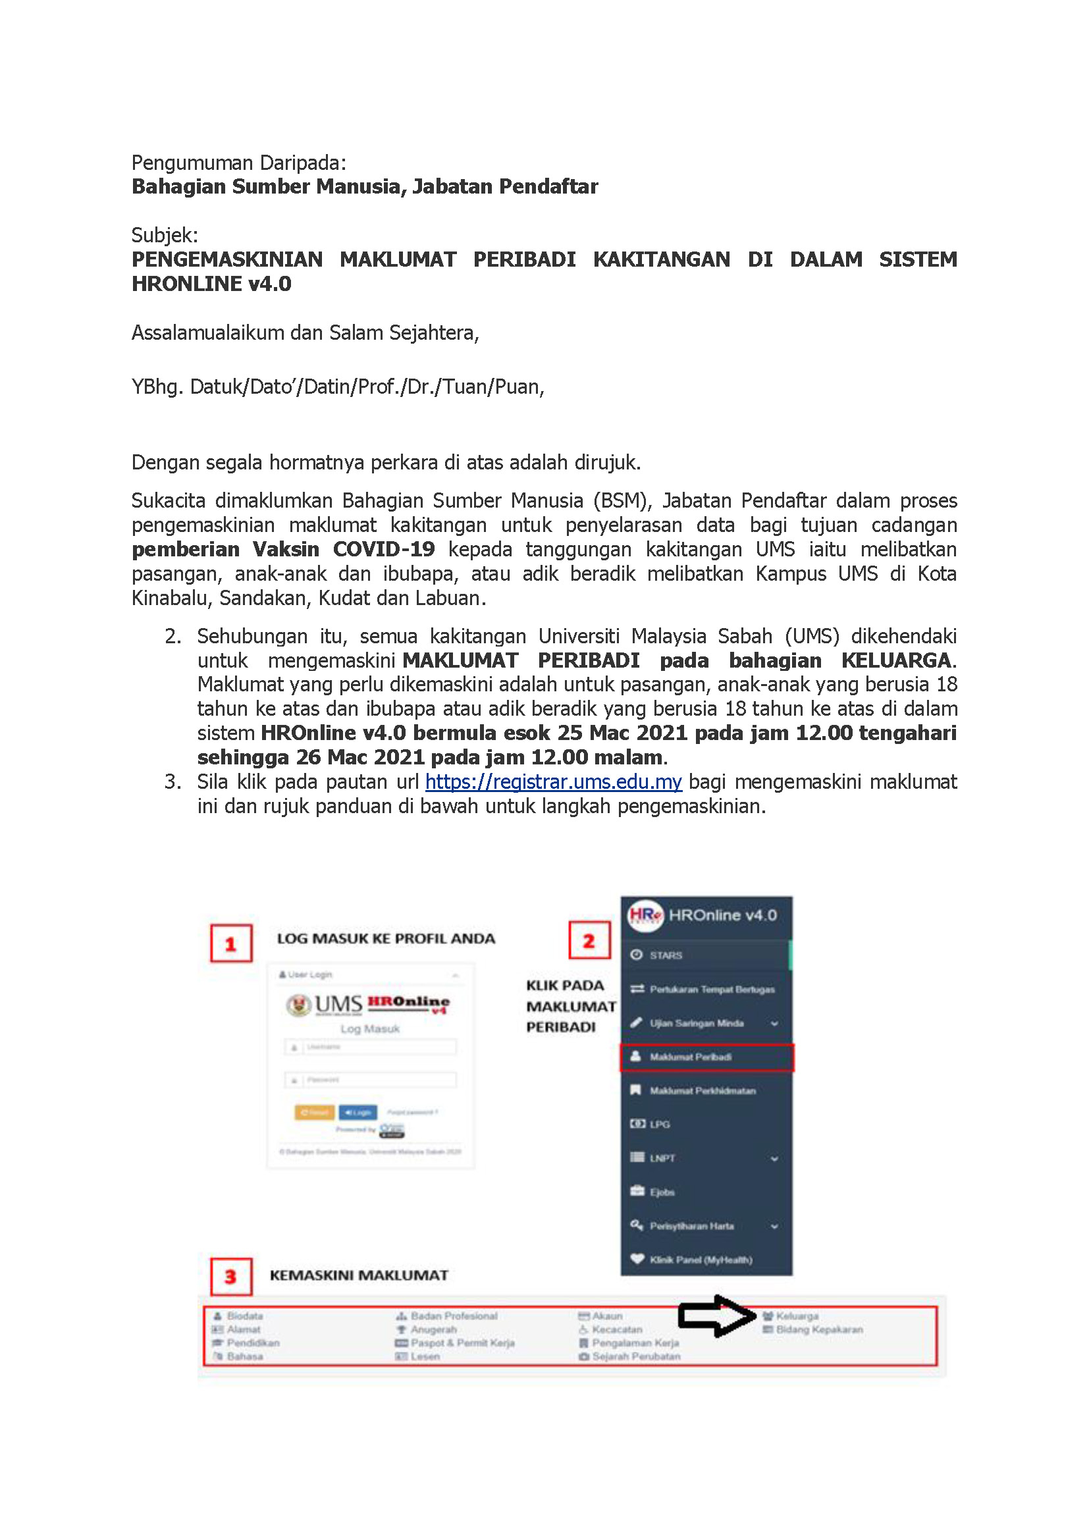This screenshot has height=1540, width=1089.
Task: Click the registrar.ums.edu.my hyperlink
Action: (x=553, y=782)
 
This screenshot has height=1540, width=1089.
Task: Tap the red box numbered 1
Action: (x=230, y=943)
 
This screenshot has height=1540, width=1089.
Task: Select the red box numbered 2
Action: (x=589, y=940)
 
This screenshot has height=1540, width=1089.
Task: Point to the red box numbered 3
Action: (x=230, y=1277)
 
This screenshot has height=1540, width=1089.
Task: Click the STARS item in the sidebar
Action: (x=665, y=955)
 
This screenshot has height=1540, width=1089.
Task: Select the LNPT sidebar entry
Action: (x=662, y=1158)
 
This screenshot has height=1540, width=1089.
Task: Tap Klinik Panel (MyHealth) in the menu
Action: (x=700, y=1260)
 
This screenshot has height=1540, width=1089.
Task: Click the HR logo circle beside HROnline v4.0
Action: (x=645, y=915)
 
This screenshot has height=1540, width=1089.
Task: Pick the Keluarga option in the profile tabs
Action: (x=797, y=1316)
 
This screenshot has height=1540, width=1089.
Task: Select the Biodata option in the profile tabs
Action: (x=245, y=1316)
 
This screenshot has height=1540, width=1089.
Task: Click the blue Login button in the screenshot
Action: (x=358, y=1112)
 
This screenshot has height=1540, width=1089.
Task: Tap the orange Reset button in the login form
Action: (x=314, y=1112)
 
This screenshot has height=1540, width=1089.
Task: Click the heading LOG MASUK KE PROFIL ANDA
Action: (x=386, y=939)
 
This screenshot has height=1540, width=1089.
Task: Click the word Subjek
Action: (x=165, y=236)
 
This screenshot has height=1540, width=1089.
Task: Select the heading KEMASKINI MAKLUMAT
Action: (x=359, y=1276)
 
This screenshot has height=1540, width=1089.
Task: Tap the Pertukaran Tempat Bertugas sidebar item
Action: (x=712, y=990)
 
